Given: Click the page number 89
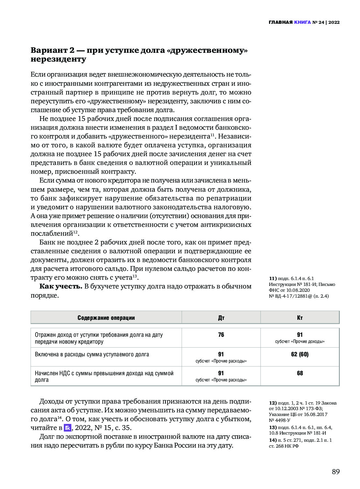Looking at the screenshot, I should (x=336, y=472).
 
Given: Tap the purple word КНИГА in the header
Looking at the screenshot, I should (x=302, y=22).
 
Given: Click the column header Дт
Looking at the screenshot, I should (x=221, y=318).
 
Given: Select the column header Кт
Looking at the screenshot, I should (x=300, y=318).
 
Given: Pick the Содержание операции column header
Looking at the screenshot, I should (x=106, y=318).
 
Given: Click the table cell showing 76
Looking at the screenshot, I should (x=221, y=335).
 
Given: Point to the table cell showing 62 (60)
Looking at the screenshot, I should (x=300, y=354).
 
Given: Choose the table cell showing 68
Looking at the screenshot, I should (x=300, y=373).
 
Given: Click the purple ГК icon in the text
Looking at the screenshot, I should (x=67, y=428).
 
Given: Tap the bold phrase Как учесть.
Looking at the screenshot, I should (x=61, y=287).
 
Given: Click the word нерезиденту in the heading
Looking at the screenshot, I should (x=58, y=59).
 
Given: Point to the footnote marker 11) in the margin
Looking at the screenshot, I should (x=273, y=278).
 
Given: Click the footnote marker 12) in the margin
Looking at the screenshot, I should (x=273, y=403).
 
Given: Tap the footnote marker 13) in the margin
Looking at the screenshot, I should (x=273, y=427).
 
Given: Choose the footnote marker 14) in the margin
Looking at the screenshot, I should (x=273, y=440).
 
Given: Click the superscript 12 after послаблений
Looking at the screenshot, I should (x=75, y=232).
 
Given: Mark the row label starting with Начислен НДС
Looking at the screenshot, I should (x=104, y=377).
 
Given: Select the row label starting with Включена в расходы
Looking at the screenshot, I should (x=92, y=354).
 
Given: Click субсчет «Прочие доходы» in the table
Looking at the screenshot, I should (x=300, y=342).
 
